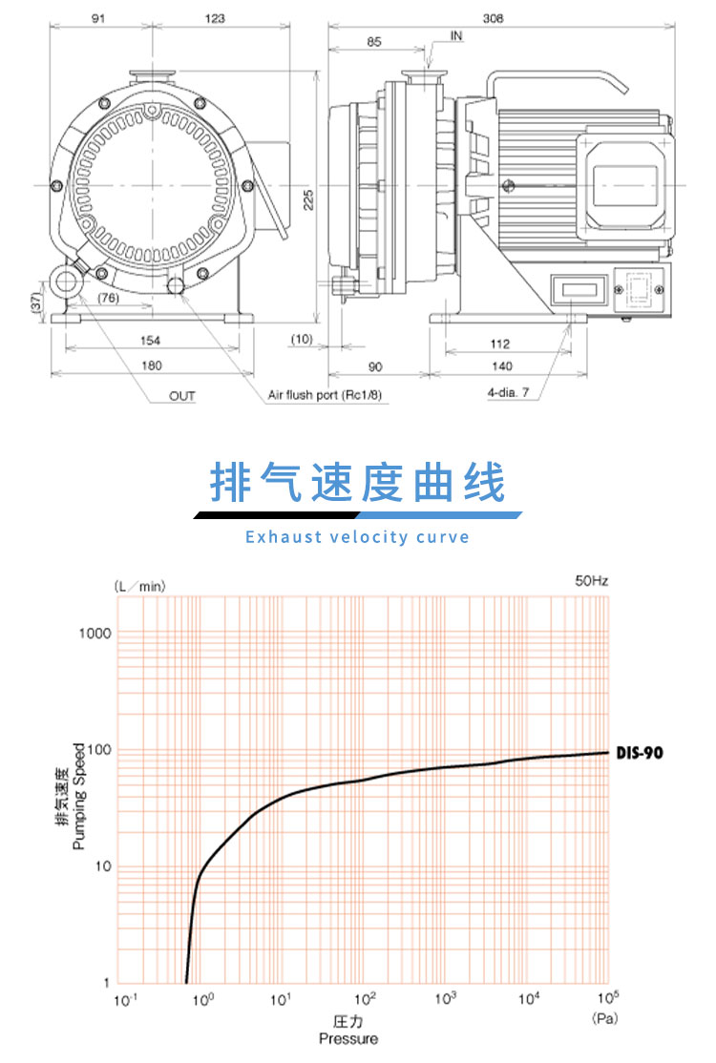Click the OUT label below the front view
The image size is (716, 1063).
[182, 395]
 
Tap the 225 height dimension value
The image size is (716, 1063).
[308, 198]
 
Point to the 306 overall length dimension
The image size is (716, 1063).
[493, 18]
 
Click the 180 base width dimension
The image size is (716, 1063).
[152, 365]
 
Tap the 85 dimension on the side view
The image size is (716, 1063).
[374, 41]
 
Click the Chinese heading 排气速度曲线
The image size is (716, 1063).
[357, 485]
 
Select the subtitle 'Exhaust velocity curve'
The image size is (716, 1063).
[357, 536]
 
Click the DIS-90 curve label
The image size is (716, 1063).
[638, 753]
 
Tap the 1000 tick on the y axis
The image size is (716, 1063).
[95, 634]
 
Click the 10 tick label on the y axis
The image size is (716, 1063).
[103, 866]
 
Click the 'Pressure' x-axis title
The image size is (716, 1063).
[347, 1038]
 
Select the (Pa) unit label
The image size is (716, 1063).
[606, 1018]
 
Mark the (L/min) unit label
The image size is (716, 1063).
[138, 586]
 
